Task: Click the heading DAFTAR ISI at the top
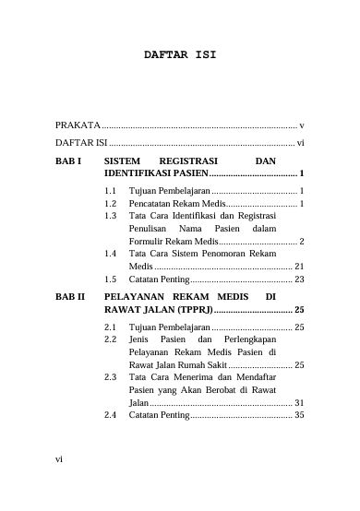click(179, 54)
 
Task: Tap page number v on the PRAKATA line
click(302, 125)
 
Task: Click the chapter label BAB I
click(68, 160)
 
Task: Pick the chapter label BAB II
click(70, 297)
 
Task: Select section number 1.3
click(111, 215)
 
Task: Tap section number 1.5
click(111, 279)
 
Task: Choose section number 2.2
click(111, 339)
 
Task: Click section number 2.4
click(111, 415)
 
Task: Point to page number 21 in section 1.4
click(299, 266)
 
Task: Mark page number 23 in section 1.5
click(299, 279)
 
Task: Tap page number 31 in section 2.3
click(299, 403)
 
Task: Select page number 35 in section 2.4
click(299, 415)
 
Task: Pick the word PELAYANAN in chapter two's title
click(138, 297)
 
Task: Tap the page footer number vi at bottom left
click(59, 481)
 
